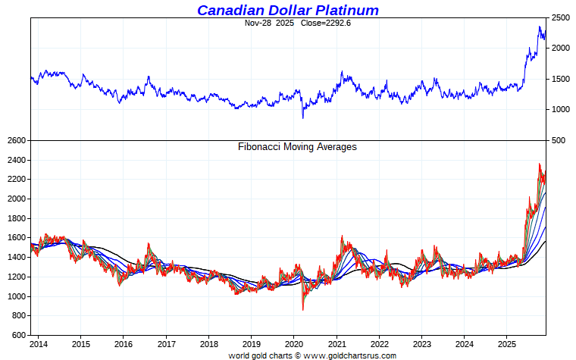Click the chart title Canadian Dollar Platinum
point(287,10)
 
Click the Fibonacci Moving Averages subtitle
point(297,146)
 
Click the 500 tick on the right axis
point(559,140)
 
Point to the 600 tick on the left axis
point(18,335)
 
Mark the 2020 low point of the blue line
point(303,117)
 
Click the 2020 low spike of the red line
point(303,309)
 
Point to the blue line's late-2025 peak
point(540,27)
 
